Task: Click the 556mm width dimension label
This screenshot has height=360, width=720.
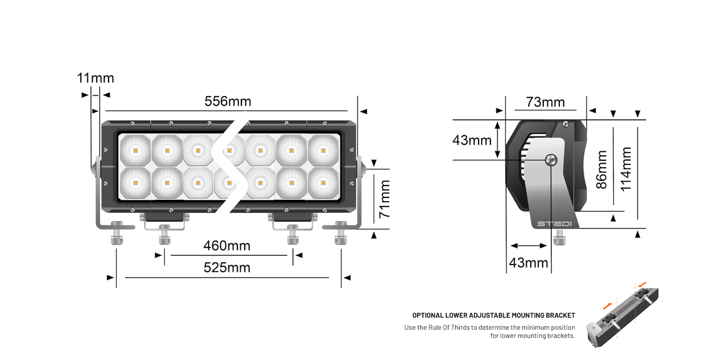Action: point(228,101)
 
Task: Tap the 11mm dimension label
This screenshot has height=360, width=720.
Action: point(95,78)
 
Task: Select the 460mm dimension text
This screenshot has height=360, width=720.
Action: point(227,246)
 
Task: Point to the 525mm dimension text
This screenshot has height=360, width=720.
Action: point(227,268)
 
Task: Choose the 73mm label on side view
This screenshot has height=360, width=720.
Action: point(545,103)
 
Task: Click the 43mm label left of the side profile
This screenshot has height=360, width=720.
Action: point(472,141)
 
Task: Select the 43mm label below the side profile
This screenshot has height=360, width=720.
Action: point(528,262)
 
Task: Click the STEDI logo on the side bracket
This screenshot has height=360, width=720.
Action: point(554,224)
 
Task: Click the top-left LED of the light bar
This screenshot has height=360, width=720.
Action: point(135,151)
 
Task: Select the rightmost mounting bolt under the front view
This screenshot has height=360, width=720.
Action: point(340,233)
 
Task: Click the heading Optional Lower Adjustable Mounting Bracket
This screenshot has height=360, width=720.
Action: point(493,316)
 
